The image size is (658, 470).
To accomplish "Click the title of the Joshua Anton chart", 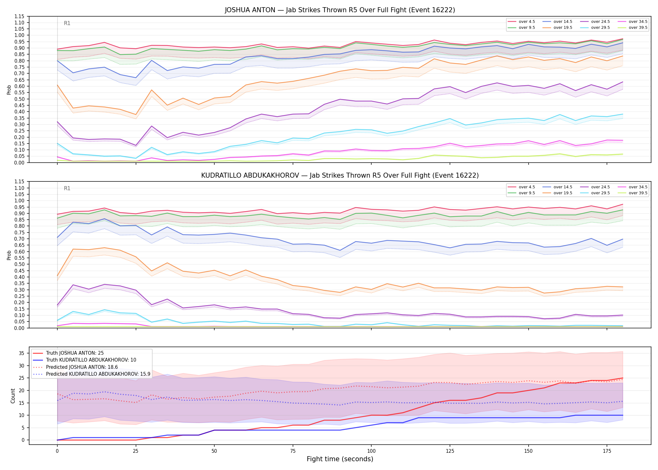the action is click(x=340, y=10).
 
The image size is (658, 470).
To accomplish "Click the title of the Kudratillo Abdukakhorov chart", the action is click(x=340, y=175).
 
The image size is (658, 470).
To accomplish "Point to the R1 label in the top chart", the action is click(x=67, y=23).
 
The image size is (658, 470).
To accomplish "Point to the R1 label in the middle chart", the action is click(x=67, y=188).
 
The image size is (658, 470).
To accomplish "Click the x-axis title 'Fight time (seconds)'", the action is click(x=340, y=459).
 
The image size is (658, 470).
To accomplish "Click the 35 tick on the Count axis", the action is click(x=22, y=353).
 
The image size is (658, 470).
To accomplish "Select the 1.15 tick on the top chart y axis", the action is click(x=19, y=16).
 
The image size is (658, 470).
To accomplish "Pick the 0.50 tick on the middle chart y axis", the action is click(x=19, y=264).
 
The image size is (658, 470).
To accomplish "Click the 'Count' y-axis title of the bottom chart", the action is click(x=13, y=396).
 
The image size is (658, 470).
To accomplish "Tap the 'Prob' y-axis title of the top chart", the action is click(x=9, y=90).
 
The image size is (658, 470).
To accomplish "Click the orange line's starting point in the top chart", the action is click(x=57, y=85).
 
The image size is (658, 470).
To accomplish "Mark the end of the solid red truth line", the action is click(x=623, y=378).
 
